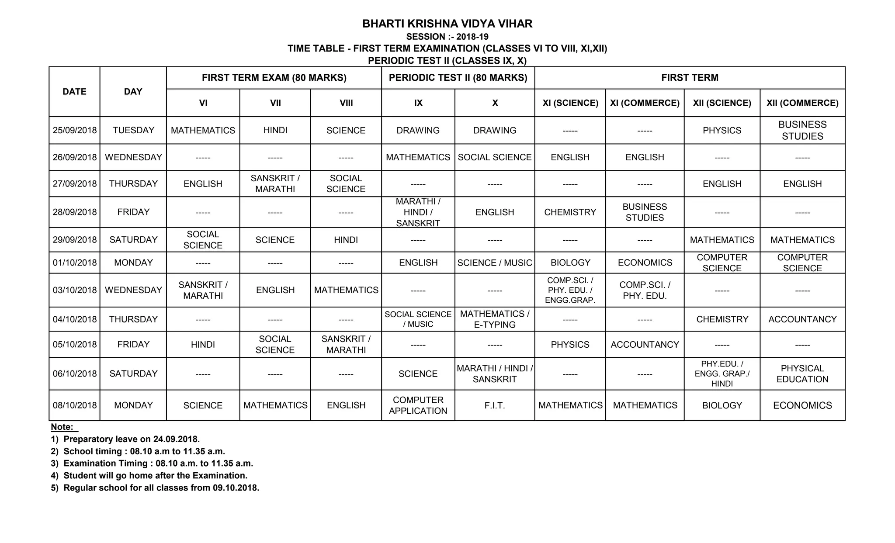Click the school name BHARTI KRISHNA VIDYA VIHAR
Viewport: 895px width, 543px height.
point(447,24)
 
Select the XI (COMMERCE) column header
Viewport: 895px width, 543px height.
point(645,103)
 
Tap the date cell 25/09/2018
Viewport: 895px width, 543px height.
point(75,130)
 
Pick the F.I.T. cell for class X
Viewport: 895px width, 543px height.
point(495,405)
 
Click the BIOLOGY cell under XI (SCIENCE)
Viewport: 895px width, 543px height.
point(570,263)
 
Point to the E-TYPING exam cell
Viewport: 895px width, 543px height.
point(495,319)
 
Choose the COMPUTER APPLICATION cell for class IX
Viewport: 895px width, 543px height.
point(418,405)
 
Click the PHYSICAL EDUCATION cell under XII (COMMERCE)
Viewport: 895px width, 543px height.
point(802,374)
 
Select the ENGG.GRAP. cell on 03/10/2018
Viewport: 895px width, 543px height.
point(570,290)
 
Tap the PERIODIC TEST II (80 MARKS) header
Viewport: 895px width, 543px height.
point(458,78)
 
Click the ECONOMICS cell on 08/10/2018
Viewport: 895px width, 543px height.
point(802,405)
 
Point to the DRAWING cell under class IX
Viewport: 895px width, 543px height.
point(418,130)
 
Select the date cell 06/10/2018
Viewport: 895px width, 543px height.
point(75,374)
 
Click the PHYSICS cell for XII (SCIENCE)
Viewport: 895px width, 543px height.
point(722,130)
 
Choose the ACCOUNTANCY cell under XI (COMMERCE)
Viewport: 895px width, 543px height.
point(645,345)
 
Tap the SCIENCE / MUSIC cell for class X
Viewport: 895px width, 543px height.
point(495,263)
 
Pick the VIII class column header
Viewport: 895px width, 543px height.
point(346,103)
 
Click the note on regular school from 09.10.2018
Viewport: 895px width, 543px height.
point(155,488)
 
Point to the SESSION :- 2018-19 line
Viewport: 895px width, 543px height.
point(447,37)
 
